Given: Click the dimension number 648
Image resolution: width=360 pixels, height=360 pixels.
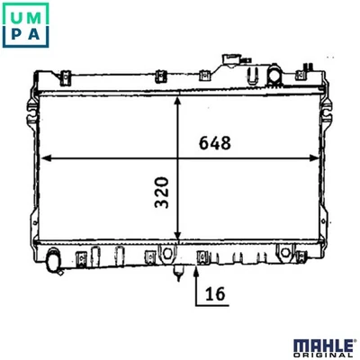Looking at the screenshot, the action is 215,143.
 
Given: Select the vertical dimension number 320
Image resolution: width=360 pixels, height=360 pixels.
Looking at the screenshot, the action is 162,193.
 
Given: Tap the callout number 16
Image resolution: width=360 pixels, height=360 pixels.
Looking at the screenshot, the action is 215,293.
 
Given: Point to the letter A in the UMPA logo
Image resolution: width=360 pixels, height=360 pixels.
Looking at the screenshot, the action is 34,34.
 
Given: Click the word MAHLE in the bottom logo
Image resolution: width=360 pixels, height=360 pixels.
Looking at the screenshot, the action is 323,346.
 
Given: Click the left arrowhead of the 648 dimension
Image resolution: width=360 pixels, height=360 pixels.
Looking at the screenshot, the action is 46,158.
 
